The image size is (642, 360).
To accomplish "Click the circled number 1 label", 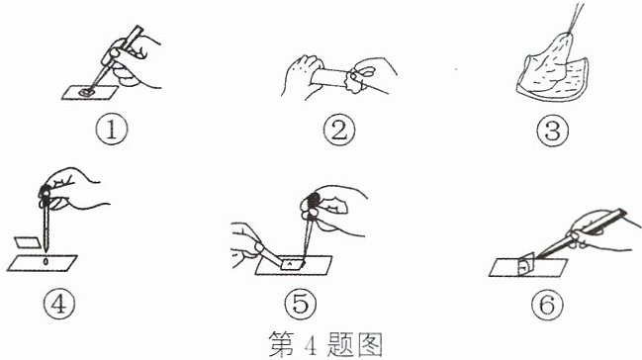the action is [x=112, y=130].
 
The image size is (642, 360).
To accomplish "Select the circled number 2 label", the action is [x=339, y=131].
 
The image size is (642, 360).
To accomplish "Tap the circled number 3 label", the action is [x=553, y=131].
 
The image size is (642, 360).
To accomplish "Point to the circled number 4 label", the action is [x=59, y=304].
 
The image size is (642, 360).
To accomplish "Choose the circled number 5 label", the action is [x=301, y=304].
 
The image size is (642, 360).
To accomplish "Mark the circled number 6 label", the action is [x=547, y=305].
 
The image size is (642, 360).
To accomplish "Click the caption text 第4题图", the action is [x=325, y=344].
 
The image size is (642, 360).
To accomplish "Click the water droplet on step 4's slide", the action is [x=46, y=261].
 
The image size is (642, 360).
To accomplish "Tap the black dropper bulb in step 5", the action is [x=313, y=201].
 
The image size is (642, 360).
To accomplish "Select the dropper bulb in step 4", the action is [x=46, y=193].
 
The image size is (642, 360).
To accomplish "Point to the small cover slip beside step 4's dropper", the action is [x=28, y=242].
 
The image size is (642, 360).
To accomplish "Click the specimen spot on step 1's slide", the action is [x=87, y=92].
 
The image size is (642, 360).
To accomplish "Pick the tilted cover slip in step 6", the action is [x=526, y=265].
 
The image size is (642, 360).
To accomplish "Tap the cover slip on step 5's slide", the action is [x=293, y=265].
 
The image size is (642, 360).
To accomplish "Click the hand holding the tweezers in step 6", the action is [x=602, y=230].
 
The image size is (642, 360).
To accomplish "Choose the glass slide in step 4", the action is [x=43, y=263].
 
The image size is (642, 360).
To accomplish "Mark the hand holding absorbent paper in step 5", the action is [x=246, y=245].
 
